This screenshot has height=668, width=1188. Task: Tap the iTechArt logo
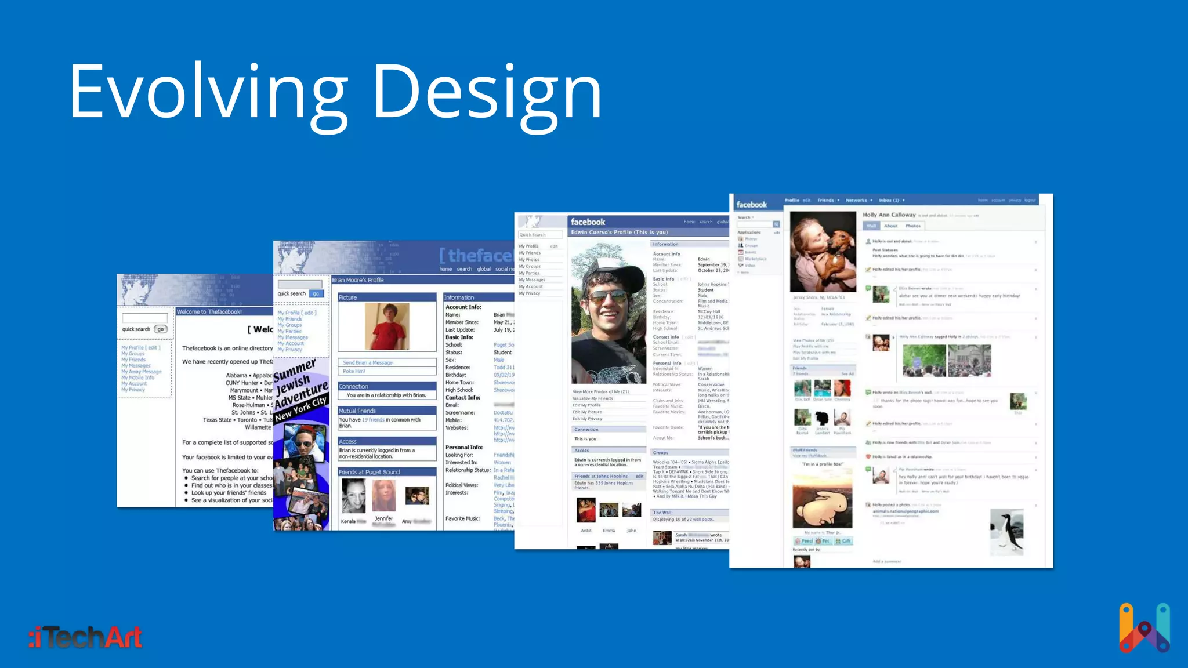pyautogui.click(x=85, y=637)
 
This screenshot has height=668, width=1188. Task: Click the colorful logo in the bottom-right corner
pyautogui.click(x=1144, y=628)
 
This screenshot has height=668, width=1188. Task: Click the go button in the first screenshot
pyautogui.click(x=161, y=329)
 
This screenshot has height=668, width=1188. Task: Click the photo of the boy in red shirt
pyautogui.click(x=387, y=326)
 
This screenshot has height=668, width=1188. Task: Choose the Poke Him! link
pyautogui.click(x=354, y=371)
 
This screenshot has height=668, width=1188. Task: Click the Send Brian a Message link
pyautogui.click(x=368, y=362)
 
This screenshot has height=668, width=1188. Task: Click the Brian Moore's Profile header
pyautogui.click(x=358, y=280)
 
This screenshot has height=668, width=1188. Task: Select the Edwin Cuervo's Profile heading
pyautogui.click(x=619, y=232)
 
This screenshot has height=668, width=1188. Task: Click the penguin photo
pyautogui.click(x=1006, y=531)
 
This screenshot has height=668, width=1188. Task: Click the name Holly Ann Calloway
pyautogui.click(x=889, y=215)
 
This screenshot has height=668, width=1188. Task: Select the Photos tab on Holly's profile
pyautogui.click(x=912, y=226)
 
